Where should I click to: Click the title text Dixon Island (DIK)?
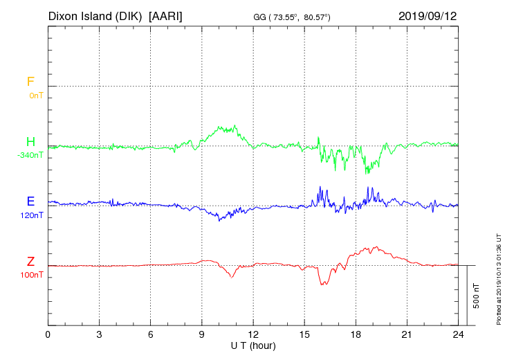95,15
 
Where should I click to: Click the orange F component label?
30,82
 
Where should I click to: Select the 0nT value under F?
35,95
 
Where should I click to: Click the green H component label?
30,142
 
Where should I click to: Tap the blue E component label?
30,201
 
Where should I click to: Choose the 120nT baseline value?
32,215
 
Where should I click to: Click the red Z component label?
30,262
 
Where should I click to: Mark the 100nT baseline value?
32,276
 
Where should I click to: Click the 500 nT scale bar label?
477,296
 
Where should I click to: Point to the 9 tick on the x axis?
202,334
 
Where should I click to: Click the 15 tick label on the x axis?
304,334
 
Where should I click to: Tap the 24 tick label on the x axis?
458,334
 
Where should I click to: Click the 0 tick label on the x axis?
48,334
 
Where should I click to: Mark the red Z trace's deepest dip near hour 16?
322,285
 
